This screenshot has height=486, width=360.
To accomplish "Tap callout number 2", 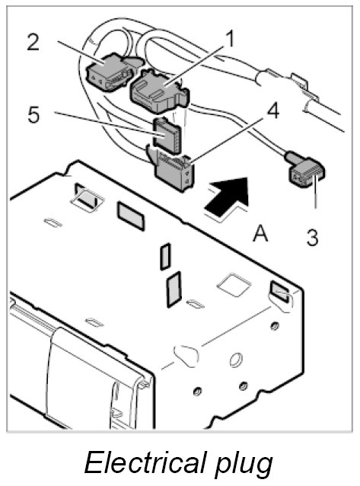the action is tap(33, 42).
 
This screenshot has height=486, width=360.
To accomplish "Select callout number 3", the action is tap(312, 238).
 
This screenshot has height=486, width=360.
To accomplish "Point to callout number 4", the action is tap(272, 111).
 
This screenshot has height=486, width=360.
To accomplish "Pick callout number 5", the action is tap(33, 114).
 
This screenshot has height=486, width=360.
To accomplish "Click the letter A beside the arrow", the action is tap(260, 234).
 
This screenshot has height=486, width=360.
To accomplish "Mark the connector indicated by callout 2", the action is tap(110, 72).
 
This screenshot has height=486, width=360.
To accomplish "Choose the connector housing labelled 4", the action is tap(174, 173).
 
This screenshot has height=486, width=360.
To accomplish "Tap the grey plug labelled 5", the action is tap(167, 136).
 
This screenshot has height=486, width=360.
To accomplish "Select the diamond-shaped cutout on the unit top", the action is tap(234, 285).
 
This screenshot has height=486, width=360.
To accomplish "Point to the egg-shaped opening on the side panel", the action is tap(186, 356).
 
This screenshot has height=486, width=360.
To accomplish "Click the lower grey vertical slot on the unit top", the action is tap(174, 289).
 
